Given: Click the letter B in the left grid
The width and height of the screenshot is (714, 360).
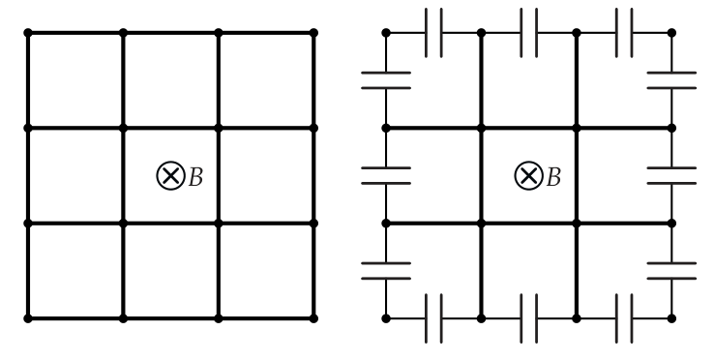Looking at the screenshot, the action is click(195, 177).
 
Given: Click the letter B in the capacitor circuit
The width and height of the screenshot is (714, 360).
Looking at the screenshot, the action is click(553, 177).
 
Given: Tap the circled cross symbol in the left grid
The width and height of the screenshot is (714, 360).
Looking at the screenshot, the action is click(170, 175).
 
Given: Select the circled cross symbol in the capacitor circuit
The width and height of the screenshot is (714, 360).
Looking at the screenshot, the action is click(528, 175).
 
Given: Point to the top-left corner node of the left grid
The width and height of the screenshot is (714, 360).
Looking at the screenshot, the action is click(28, 33).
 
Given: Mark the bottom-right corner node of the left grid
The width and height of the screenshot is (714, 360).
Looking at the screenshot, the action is click(313, 318).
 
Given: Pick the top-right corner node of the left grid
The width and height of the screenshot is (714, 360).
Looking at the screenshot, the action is click(313, 33).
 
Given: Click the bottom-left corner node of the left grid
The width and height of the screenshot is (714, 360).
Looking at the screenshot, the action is click(28, 318).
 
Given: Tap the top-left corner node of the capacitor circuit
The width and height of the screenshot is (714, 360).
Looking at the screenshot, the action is click(386, 33).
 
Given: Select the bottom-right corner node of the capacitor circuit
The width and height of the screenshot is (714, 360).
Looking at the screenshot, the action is click(671, 318).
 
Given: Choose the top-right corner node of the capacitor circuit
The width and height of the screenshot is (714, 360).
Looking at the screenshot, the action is click(671, 33).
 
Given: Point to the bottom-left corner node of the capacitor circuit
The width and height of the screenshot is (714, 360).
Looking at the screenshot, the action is click(386, 318).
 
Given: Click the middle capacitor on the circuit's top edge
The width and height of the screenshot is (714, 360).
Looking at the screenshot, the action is click(528, 33).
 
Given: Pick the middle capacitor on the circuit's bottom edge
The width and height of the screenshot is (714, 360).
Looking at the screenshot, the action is click(528, 318).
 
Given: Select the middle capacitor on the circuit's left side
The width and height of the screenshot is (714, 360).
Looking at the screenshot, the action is click(386, 175).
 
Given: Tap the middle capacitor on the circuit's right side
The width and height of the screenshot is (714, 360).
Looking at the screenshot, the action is click(671, 175).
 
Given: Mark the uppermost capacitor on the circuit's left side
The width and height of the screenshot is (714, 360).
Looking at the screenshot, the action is click(386, 80).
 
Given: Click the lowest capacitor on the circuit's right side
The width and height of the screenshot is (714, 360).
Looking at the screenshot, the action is click(671, 271).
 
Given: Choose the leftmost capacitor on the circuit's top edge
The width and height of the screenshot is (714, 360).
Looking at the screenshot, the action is click(433, 33).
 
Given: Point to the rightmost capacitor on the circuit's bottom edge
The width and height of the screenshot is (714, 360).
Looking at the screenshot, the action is click(624, 318).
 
